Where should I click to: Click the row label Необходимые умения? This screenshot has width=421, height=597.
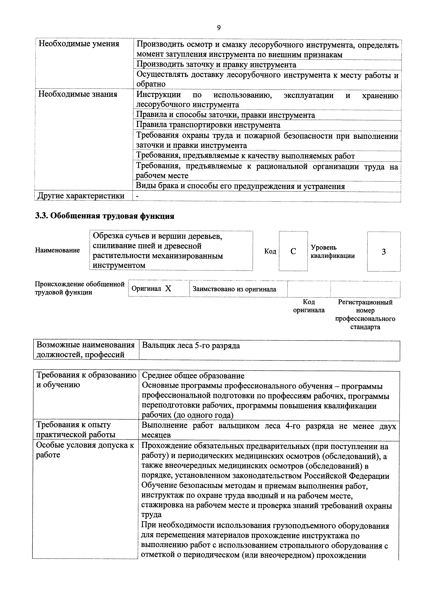pos(79,44)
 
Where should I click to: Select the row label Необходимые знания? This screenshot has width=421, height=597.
pos(78,94)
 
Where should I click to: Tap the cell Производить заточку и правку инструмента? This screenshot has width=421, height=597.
pos(216,65)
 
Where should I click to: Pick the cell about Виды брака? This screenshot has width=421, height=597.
pos(240,186)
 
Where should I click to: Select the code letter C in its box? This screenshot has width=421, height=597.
pos(293,251)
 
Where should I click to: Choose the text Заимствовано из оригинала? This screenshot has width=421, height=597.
pos(234,289)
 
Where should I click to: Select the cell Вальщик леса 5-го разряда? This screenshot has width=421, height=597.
pos(191,346)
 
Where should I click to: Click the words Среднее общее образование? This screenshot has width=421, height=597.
pos(193,376)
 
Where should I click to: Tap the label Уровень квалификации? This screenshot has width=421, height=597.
pos(333,251)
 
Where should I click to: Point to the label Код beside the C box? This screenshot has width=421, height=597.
pos(270,251)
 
